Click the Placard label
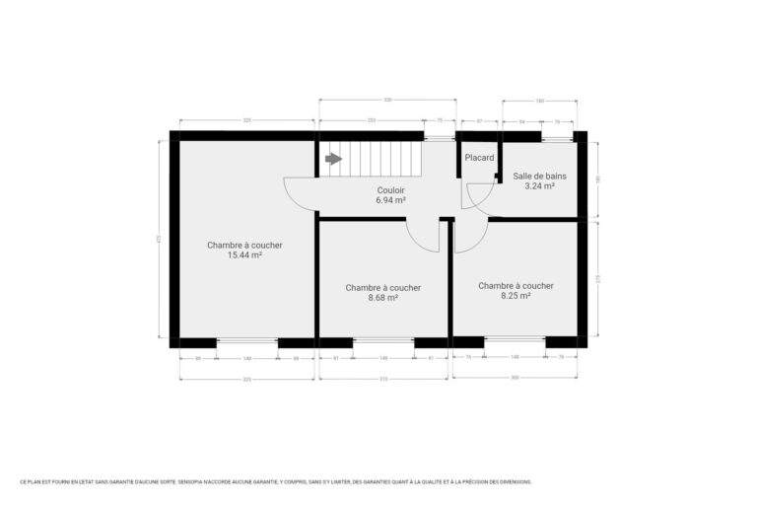[479, 158]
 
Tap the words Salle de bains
[539, 177]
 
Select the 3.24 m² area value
[539, 185]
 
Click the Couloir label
[390, 190]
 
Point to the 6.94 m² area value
[390, 199]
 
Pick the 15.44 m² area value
[244, 254]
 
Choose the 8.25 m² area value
[516, 295]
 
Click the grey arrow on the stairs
[333, 158]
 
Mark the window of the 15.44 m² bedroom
[246, 342]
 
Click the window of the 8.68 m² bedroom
[382, 342]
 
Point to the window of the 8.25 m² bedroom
[515, 341]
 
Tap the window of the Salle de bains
[557, 136]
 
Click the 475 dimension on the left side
[158, 238]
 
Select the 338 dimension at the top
[387, 100]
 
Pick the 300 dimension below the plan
[515, 377]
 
